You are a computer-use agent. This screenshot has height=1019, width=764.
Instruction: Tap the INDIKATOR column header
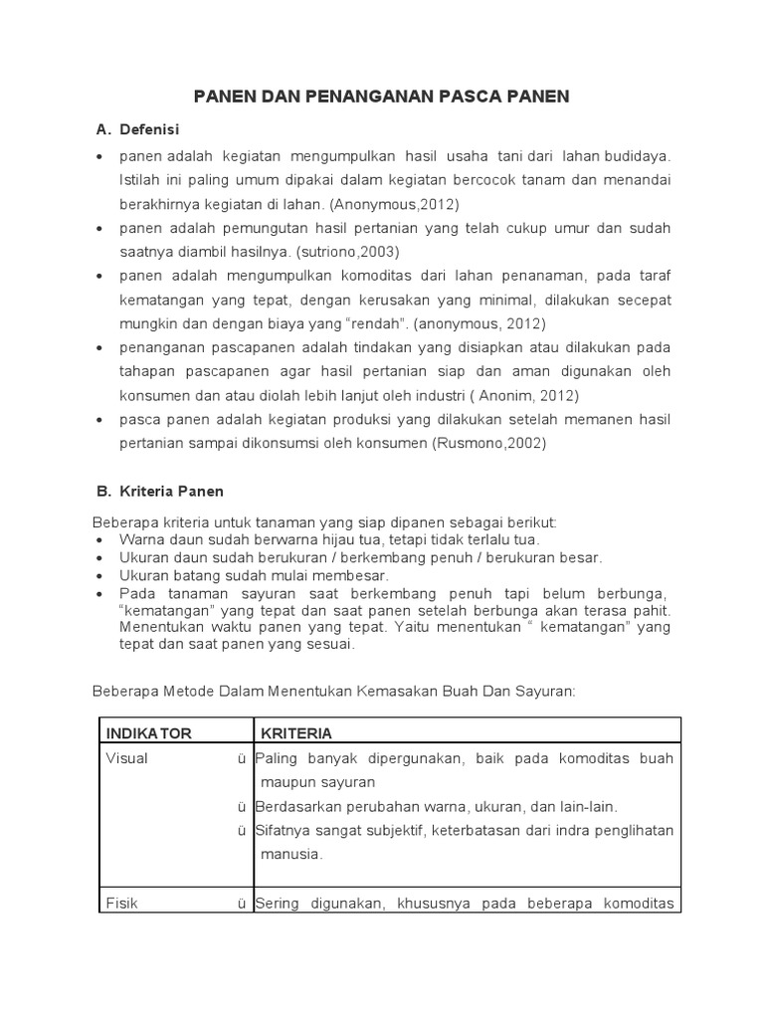coord(148,733)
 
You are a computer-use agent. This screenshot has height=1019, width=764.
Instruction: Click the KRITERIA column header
coord(296,733)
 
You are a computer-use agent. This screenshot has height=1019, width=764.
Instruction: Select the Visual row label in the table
coord(126,758)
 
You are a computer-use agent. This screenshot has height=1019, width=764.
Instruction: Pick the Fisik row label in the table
coord(121,904)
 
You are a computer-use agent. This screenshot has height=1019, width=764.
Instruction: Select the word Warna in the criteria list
coord(141,539)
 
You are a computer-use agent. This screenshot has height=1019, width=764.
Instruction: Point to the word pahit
coord(651,609)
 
